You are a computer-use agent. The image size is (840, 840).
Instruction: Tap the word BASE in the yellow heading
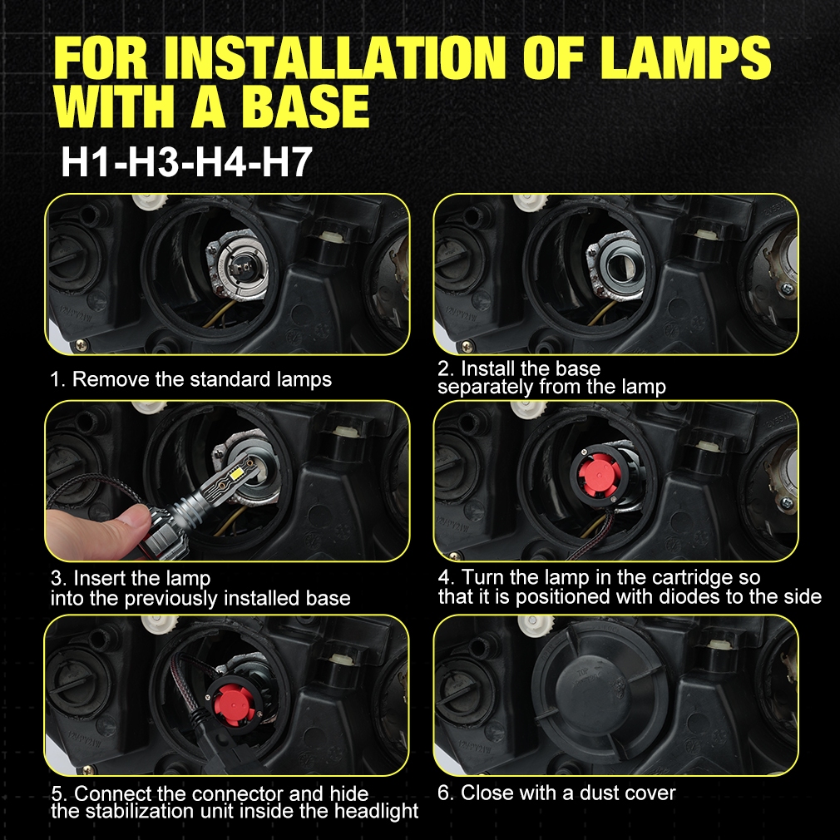305,106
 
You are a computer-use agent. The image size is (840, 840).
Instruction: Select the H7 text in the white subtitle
287,162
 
